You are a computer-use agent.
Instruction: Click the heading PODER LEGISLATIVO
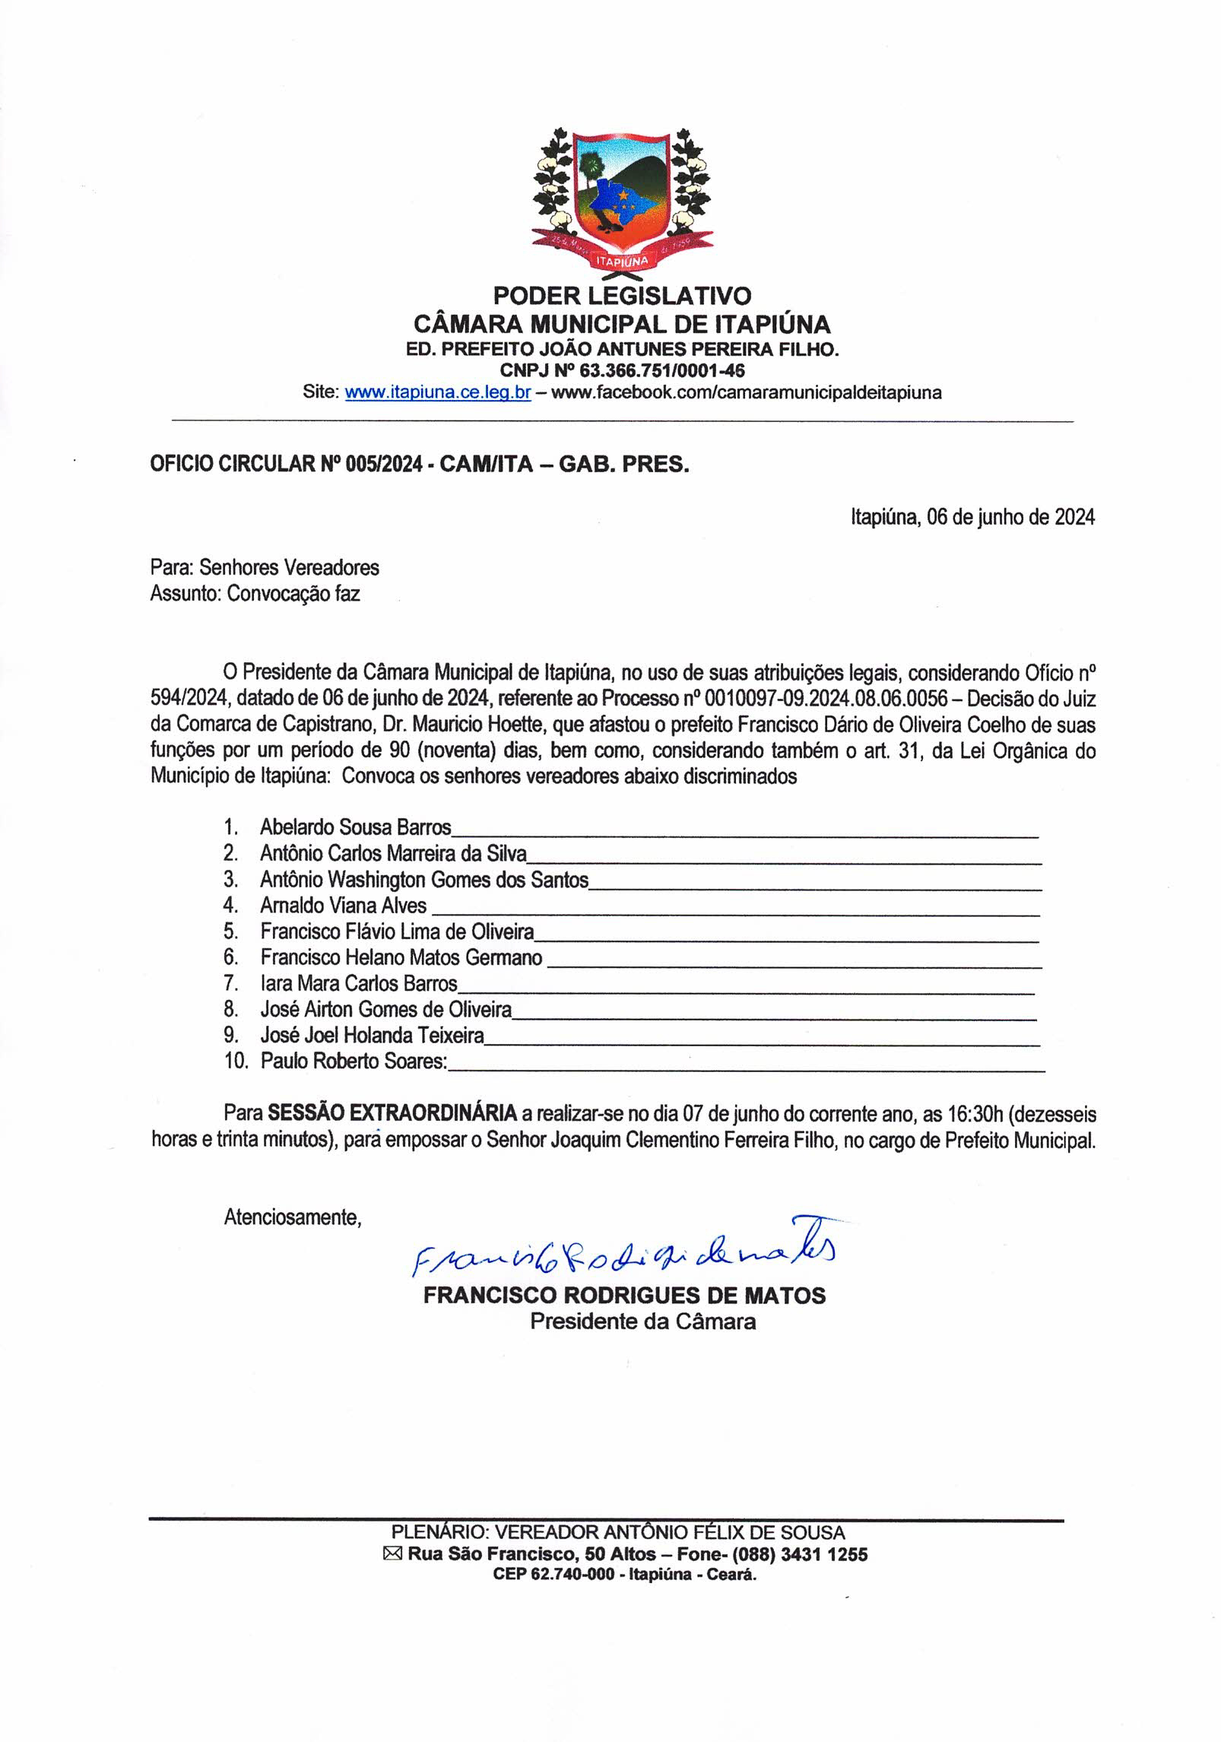(x=622, y=295)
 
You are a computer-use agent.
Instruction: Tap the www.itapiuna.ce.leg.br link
(x=437, y=393)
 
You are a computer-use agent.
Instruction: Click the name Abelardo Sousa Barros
(x=355, y=827)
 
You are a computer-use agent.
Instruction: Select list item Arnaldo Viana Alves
(x=343, y=906)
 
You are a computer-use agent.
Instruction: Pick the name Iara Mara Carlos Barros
(x=358, y=983)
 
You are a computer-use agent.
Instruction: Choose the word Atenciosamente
(x=291, y=1217)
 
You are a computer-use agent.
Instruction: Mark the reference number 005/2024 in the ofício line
(x=382, y=465)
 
